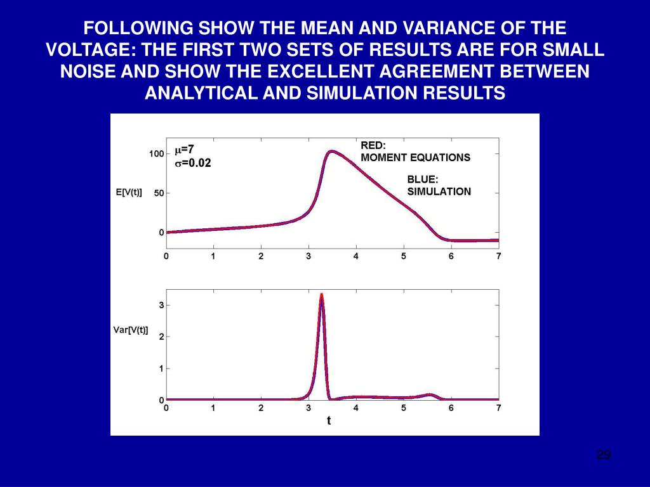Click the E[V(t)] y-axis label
click(129, 193)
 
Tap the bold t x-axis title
click(329, 420)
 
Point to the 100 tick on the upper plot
click(157, 153)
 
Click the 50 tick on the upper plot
click(159, 193)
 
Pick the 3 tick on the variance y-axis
click(162, 305)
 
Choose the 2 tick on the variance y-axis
click(162, 337)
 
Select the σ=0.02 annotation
click(193, 163)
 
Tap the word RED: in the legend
click(373, 145)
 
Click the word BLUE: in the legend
click(423, 179)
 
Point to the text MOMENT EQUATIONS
click(416, 157)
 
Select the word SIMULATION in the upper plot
click(439, 192)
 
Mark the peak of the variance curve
click(322, 295)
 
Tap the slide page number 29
click(604, 455)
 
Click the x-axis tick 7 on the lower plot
click(499, 408)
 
